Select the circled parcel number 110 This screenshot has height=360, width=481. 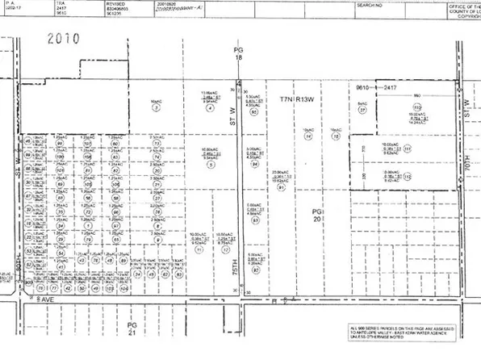417,107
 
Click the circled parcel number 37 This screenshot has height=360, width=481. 362,110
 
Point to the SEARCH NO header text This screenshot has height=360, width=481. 370,5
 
